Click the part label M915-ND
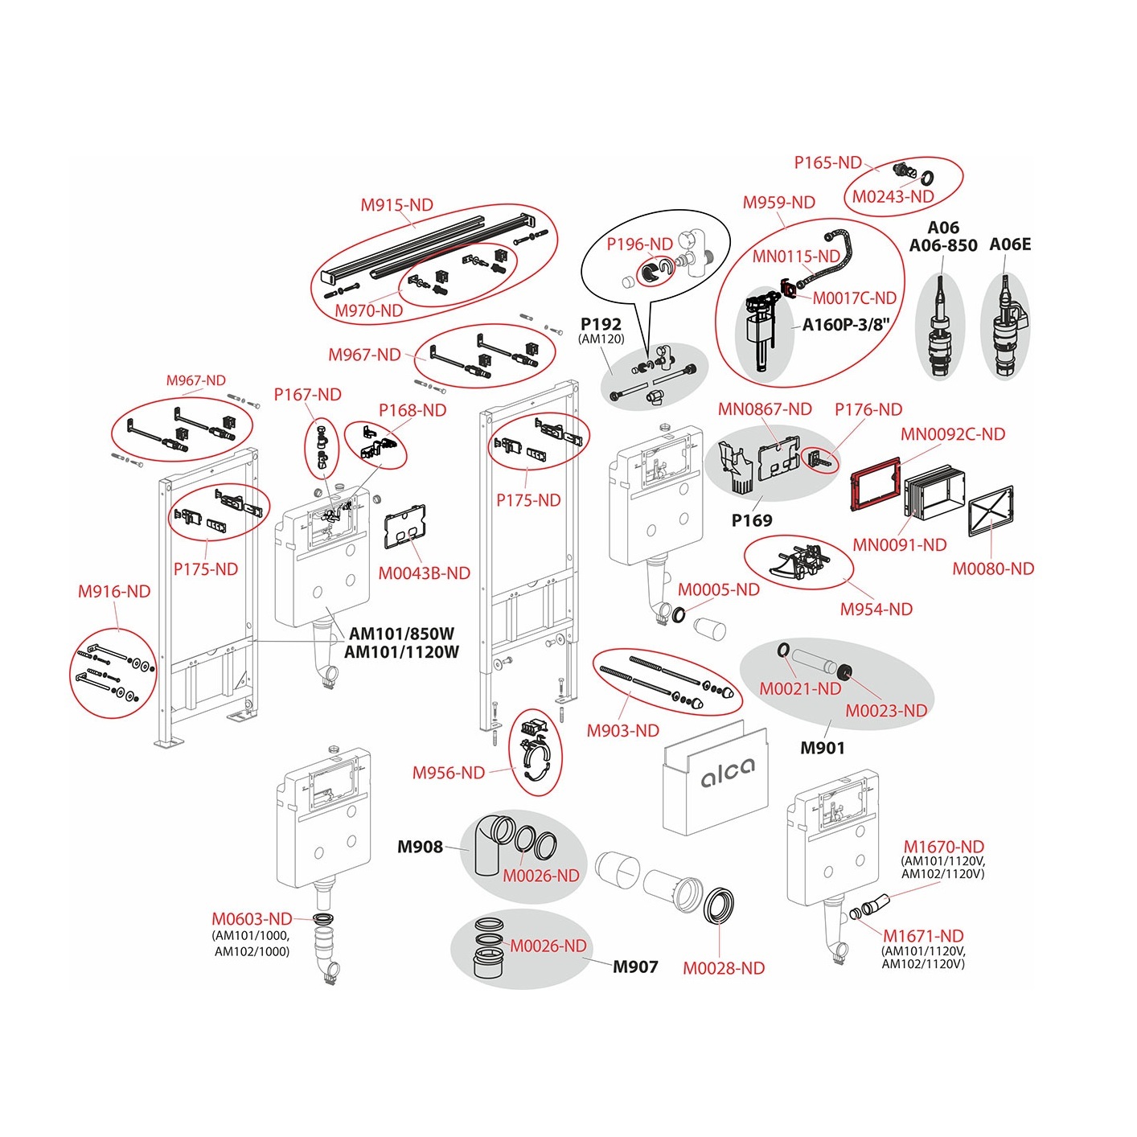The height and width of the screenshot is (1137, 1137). (x=396, y=205)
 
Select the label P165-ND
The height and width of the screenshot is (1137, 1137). (x=827, y=162)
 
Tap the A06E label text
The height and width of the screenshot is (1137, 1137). (x=1009, y=244)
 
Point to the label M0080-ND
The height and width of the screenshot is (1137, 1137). (x=993, y=569)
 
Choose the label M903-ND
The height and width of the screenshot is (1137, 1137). (x=622, y=731)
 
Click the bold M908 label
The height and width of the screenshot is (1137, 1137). (x=420, y=847)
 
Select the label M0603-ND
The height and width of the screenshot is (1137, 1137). (x=252, y=919)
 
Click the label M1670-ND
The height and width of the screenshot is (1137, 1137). (x=943, y=847)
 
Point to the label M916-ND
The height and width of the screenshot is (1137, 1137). (x=114, y=592)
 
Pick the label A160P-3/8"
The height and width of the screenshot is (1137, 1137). (x=846, y=325)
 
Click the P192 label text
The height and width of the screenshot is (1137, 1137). (x=601, y=324)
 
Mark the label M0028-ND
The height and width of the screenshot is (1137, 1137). (x=724, y=969)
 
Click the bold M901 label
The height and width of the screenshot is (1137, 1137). (x=822, y=749)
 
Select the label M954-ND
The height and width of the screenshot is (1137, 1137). (x=876, y=610)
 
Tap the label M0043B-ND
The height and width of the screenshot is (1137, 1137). (x=424, y=573)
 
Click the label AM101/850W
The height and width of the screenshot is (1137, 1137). (x=401, y=634)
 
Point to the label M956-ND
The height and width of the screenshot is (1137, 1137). (x=449, y=774)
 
